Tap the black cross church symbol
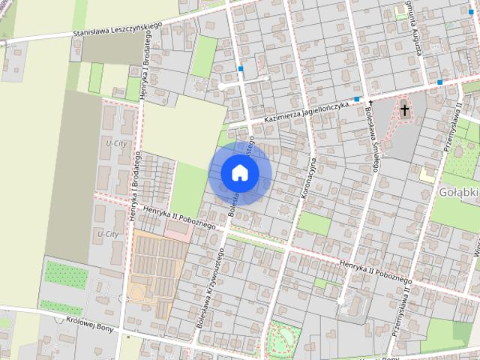point(405,111)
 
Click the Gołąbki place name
point(457,193)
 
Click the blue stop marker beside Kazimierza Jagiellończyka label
point(357,99)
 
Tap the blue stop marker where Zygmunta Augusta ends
point(440,82)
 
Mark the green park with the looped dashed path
point(283,339)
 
